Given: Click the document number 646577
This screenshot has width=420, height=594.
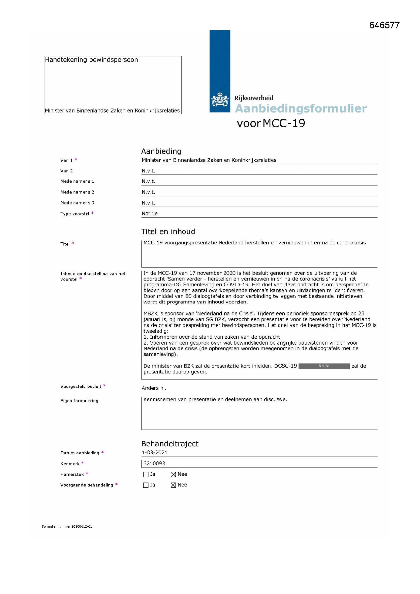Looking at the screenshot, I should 384,25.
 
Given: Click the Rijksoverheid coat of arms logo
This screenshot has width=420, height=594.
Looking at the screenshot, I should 220,99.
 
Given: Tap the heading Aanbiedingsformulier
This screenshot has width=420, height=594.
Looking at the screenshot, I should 301,108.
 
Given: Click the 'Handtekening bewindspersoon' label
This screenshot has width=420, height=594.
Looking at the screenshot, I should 91,60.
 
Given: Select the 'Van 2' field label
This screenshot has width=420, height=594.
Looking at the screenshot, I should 67,171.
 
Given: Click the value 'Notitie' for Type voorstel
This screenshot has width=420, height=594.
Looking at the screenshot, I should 150,213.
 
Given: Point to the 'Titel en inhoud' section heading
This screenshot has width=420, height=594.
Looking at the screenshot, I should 168,231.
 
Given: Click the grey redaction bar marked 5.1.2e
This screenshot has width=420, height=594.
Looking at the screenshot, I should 324,366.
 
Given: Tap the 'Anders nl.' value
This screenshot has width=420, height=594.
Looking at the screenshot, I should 154,388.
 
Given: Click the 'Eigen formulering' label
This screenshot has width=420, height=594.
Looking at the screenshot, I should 79,401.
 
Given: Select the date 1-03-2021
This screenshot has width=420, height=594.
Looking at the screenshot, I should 154,452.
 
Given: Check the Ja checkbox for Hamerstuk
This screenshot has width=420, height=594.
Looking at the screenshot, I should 146,475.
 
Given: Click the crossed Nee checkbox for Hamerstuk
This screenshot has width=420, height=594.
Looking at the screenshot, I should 173,475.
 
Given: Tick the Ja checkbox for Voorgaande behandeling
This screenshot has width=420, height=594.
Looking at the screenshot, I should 146,485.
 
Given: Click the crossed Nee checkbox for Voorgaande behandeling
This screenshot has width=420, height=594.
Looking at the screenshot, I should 173,485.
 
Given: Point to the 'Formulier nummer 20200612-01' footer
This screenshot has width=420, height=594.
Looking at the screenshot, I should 67,526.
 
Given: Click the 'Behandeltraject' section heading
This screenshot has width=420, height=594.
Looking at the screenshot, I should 170,444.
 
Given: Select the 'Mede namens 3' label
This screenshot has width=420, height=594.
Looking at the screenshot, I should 77,203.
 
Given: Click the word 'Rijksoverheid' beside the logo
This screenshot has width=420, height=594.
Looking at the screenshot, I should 254,98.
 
